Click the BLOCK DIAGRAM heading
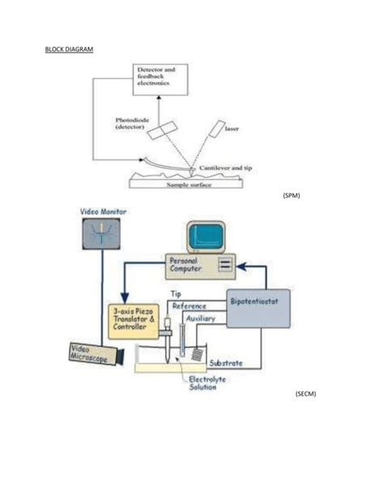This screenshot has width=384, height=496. click(x=69, y=49)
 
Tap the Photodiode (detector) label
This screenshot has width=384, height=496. click(x=130, y=125)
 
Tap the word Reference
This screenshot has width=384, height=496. click(x=190, y=307)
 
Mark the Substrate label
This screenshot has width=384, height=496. click(x=226, y=364)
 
